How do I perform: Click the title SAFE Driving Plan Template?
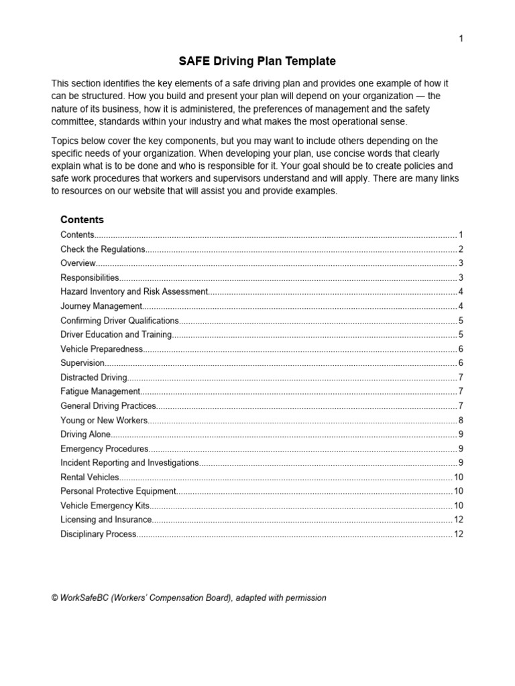click(257, 62)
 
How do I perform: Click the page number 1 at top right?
click(461, 38)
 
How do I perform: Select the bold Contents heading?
click(82, 219)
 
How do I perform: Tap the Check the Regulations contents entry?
click(103, 249)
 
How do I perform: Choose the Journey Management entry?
click(101, 306)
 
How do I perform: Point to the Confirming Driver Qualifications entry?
click(120, 320)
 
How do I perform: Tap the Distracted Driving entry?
click(94, 377)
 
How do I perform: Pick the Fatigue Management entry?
click(101, 391)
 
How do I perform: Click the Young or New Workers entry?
click(104, 420)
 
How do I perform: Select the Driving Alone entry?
click(83, 434)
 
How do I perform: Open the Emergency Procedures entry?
click(104, 448)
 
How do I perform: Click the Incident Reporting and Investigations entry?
click(129, 463)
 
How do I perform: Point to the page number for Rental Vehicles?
click(459, 477)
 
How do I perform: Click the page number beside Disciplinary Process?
click(459, 534)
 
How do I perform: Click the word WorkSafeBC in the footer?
click(84, 598)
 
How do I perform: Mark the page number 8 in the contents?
click(461, 420)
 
